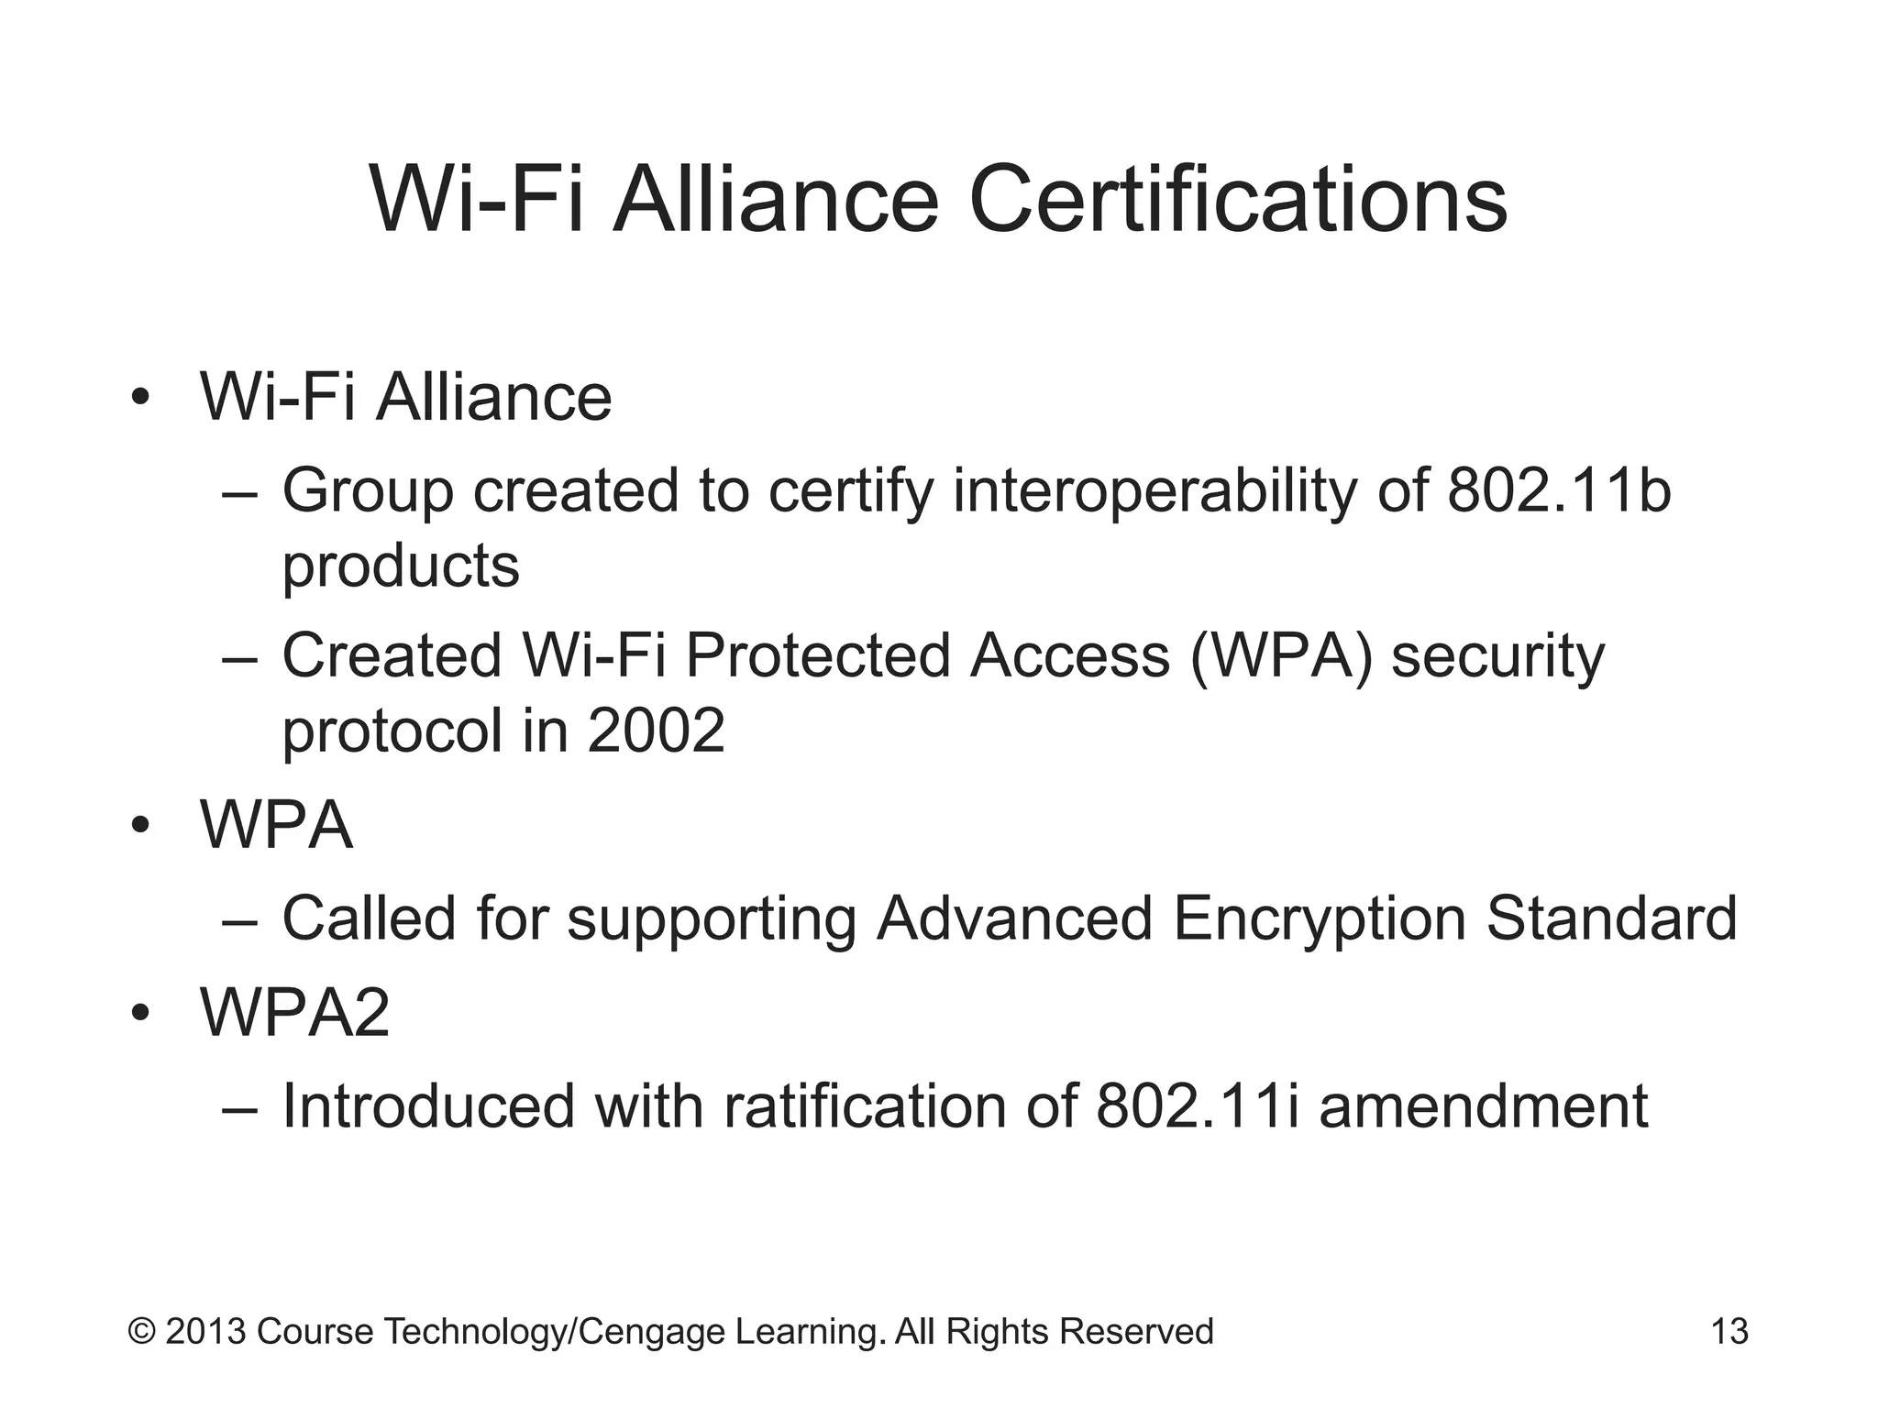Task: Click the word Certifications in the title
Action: [1238, 200]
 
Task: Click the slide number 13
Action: [1729, 1331]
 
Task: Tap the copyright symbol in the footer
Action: [142, 1331]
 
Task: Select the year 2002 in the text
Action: [656, 731]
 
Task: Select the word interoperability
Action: [1154, 491]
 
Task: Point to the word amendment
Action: [1483, 1105]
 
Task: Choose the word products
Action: [401, 566]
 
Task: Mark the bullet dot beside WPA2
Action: [139, 1014]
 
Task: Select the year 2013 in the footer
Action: [205, 1331]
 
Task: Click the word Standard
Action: [1612, 918]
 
